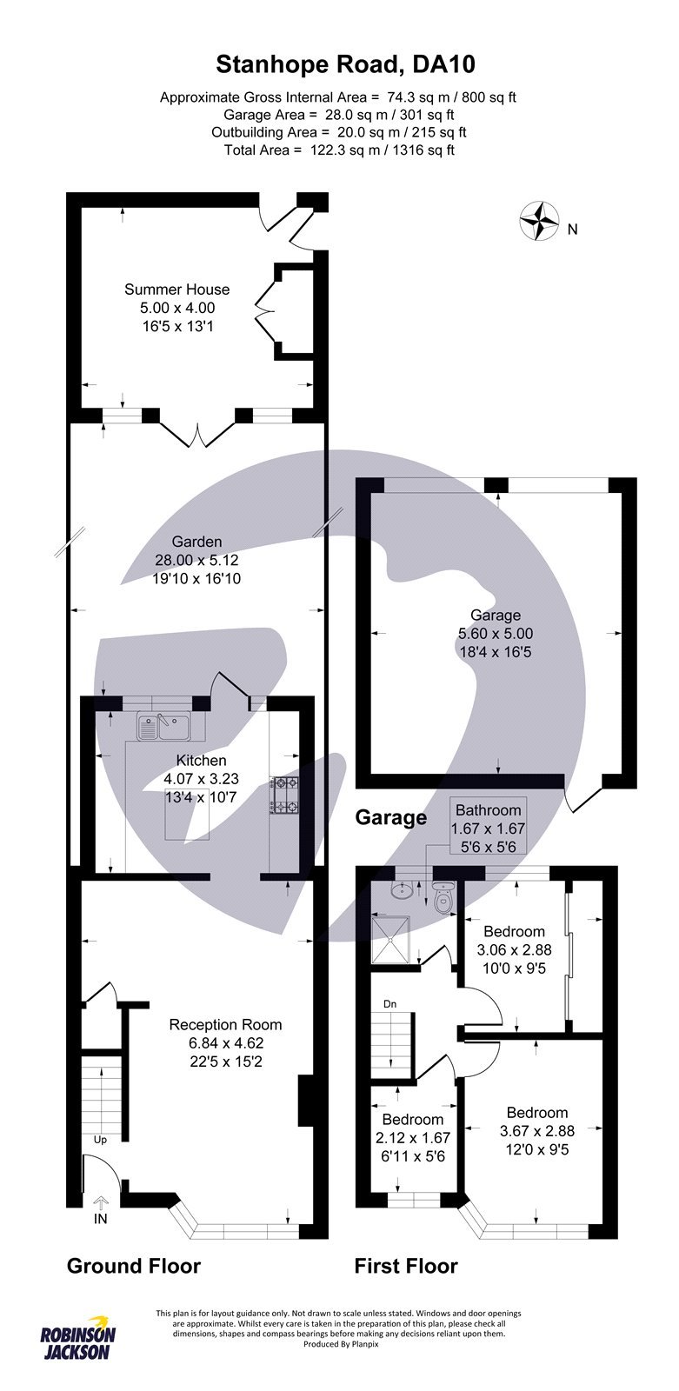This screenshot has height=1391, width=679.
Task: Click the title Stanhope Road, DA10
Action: click(x=345, y=64)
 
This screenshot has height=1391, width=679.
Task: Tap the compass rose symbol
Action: click(x=539, y=221)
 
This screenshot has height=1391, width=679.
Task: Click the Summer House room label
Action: click(x=176, y=290)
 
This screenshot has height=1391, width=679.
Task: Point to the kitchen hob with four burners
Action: click(x=283, y=795)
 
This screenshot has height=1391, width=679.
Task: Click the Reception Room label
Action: click(x=225, y=1025)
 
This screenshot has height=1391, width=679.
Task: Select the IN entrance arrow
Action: click(x=100, y=1204)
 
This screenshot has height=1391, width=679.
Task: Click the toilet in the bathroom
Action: click(x=444, y=898)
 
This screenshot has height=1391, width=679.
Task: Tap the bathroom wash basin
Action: click(x=402, y=891)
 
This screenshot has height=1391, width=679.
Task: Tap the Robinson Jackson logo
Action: click(x=78, y=1341)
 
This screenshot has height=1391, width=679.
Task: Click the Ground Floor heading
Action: click(x=134, y=1266)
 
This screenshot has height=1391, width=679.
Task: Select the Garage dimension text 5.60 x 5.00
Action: click(x=496, y=634)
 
